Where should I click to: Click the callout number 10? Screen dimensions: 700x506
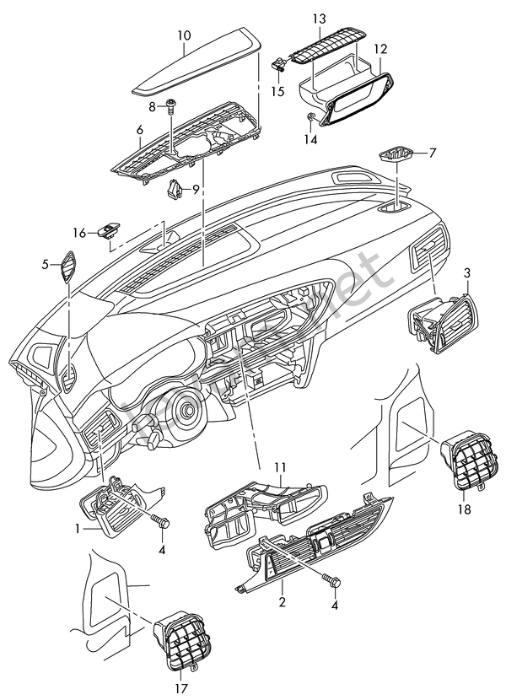click(x=185, y=35)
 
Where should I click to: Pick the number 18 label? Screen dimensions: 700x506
click(x=464, y=510)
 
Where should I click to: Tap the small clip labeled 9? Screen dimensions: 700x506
click(x=175, y=191)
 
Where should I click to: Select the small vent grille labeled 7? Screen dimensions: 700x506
click(x=394, y=155)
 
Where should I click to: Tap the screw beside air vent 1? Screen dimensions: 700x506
click(x=161, y=523)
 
